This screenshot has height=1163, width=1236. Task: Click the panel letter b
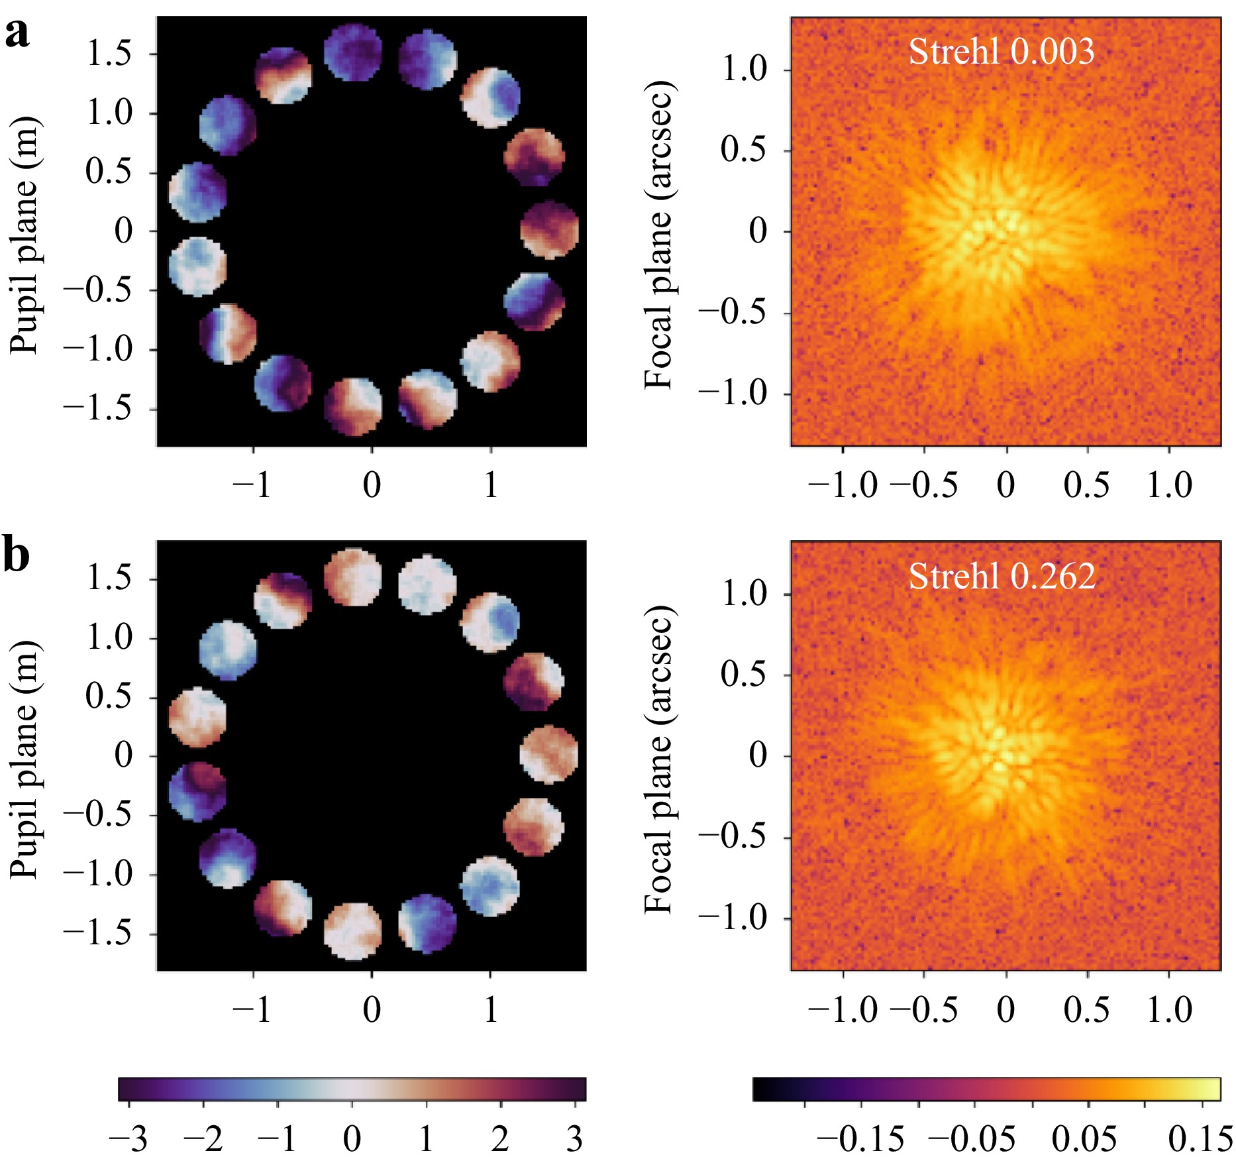tap(17, 557)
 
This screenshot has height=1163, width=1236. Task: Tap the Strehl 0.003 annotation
tap(1001, 52)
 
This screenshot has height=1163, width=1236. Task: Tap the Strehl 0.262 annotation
tap(1001, 577)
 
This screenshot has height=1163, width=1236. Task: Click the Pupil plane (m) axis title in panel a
tap(25, 235)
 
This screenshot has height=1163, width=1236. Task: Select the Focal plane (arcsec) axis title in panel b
tap(660, 759)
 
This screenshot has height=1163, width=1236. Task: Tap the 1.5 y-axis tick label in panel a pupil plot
tap(109, 54)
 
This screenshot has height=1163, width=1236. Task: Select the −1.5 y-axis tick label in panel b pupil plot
tap(98, 934)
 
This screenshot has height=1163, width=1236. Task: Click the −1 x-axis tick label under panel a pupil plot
tap(252, 485)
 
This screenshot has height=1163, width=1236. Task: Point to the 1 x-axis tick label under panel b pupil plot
tap(491, 1009)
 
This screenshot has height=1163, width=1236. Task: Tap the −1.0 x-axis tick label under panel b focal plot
tap(843, 1009)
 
